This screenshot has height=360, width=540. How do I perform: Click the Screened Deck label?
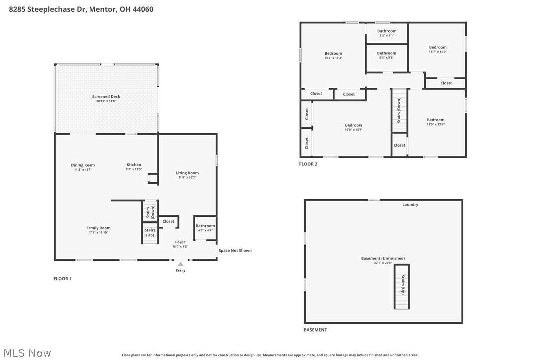click(106, 97)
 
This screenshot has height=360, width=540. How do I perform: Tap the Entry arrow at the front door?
click(180, 264)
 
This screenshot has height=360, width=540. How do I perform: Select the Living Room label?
click(187, 173)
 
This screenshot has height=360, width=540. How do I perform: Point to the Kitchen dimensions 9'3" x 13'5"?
click(134, 169)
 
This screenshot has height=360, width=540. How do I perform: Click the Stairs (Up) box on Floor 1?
click(150, 233)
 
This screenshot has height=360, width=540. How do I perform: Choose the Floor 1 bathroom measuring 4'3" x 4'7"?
click(205, 228)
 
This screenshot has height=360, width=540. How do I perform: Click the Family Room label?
click(98, 228)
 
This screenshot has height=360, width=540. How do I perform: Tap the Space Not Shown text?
click(235, 250)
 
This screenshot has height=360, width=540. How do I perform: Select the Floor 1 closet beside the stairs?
click(168, 221)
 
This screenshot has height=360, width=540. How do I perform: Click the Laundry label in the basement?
click(410, 205)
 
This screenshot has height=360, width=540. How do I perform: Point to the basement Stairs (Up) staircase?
click(402, 286)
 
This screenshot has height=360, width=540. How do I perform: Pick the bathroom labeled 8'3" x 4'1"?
click(387, 33)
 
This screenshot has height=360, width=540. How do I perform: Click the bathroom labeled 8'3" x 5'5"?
click(387, 55)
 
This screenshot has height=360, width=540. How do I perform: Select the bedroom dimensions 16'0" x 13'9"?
click(354, 130)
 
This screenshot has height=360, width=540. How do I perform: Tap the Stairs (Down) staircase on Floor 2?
click(399, 110)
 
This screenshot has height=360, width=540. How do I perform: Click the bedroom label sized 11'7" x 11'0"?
click(438, 49)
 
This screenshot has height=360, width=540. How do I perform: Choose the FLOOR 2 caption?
click(308, 164)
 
